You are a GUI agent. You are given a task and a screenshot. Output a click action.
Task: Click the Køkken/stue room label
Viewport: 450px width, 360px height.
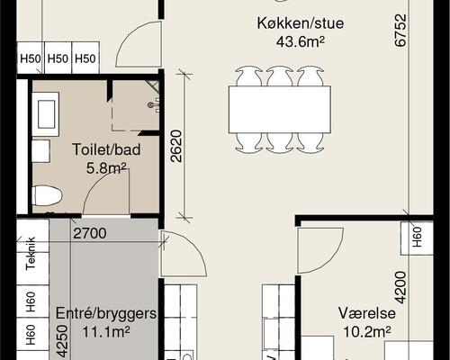coord(287,23)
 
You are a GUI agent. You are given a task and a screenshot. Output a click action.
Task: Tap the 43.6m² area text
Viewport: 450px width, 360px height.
coord(287,40)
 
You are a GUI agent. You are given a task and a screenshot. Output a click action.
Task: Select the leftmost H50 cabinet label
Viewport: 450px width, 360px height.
coord(31,59)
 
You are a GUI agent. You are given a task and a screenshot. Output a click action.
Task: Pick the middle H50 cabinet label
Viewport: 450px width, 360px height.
coord(58,59)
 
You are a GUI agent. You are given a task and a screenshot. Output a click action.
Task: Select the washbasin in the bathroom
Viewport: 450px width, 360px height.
coord(45,112)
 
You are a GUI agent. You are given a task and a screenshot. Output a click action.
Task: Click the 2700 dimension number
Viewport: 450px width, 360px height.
coord(90,234)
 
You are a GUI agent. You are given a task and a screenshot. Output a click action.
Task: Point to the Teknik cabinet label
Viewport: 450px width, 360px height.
coord(31,253)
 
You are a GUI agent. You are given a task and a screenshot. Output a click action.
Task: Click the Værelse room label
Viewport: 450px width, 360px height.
coord(364,314)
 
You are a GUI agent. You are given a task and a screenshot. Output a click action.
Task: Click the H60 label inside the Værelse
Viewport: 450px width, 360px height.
coord(418,237)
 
